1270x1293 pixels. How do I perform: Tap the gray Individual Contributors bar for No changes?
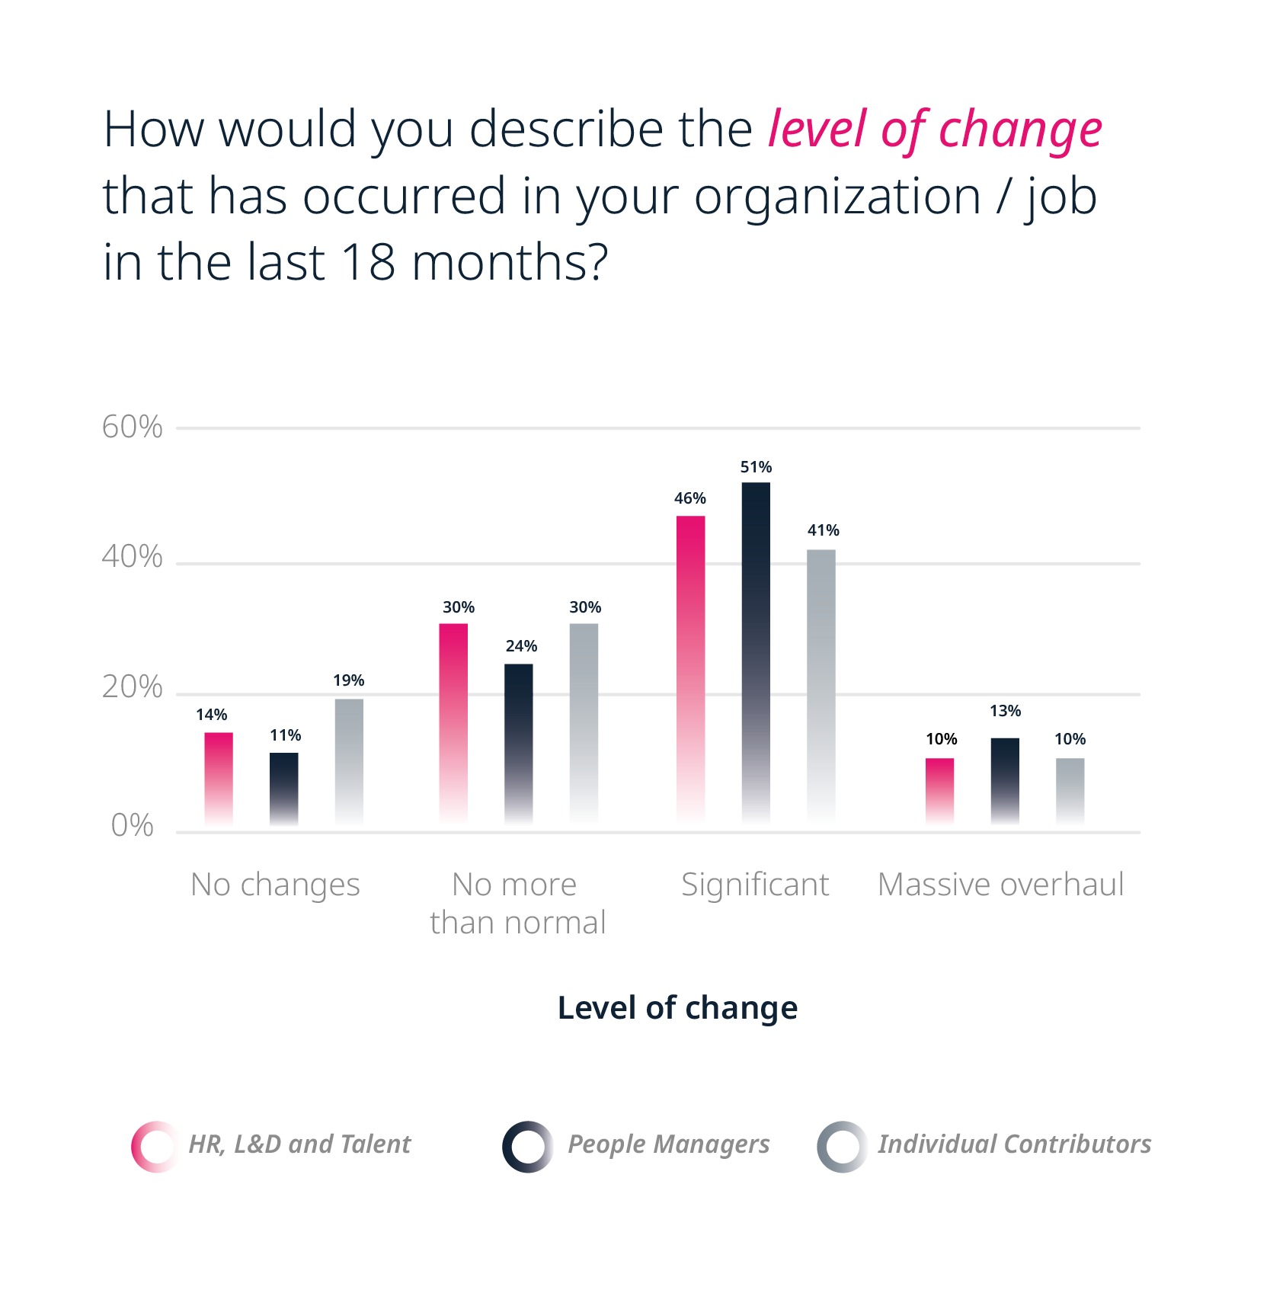tap(349, 761)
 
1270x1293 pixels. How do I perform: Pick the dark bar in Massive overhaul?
tap(1005, 780)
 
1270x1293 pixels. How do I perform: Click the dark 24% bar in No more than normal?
tap(519, 743)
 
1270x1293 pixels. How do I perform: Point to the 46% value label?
tap(690, 498)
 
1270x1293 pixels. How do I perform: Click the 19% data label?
tap(349, 680)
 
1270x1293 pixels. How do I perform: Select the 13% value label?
tap(1006, 711)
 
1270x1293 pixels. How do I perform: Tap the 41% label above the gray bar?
tap(824, 530)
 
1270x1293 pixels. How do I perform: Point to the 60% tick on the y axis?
tap(133, 427)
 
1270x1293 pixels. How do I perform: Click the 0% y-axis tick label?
tap(133, 826)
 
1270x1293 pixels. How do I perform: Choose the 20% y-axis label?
tap(133, 687)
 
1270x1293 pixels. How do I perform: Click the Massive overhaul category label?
tap(1001, 885)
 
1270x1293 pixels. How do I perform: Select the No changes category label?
tap(275, 885)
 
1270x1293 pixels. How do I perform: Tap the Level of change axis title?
tap(677, 1007)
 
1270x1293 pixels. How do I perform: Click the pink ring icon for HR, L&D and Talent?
tap(155, 1147)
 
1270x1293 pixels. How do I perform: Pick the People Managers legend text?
tap(669, 1144)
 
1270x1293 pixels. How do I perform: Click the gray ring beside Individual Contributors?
tap(842, 1147)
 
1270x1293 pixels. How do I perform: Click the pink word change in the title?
tap(1020, 130)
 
